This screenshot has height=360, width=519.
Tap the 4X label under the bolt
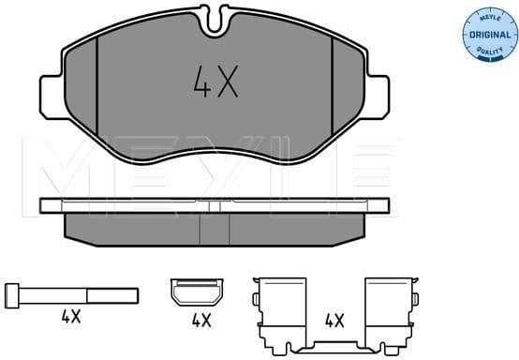(x=71, y=318)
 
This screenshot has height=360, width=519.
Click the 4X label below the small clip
(x=200, y=320)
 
